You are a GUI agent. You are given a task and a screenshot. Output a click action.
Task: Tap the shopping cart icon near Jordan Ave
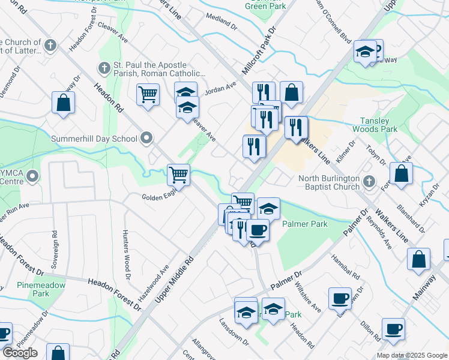click(x=148, y=94)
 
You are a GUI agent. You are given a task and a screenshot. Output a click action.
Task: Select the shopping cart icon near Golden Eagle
click(x=179, y=175)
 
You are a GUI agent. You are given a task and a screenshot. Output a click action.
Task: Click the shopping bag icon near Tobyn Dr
click(x=401, y=173)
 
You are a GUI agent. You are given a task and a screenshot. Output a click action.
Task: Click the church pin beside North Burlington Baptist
click(x=369, y=180)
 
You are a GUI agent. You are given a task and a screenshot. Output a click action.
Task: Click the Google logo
click(x=20, y=353)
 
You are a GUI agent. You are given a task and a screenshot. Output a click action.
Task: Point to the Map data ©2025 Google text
click(x=412, y=355)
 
